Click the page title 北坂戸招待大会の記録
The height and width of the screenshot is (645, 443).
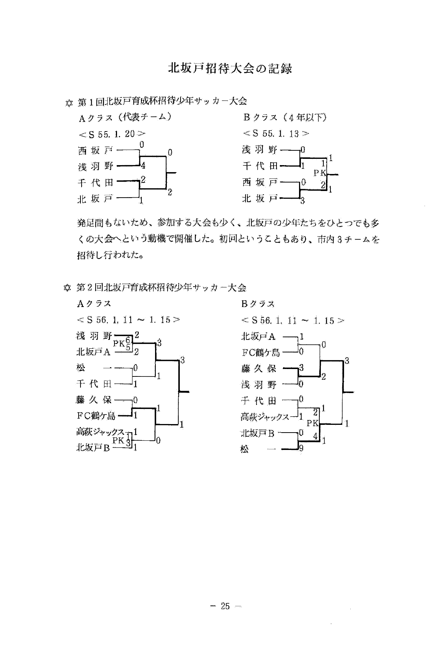[230, 69]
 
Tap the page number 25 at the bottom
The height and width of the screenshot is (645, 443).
[225, 606]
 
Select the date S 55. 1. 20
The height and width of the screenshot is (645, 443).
[110, 134]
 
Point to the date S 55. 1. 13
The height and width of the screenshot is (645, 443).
[276, 134]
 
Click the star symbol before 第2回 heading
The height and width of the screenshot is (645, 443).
[67, 287]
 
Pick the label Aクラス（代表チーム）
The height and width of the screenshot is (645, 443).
[124, 118]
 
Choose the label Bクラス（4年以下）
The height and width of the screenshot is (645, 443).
[285, 118]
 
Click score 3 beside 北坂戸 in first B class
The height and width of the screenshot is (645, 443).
[303, 201]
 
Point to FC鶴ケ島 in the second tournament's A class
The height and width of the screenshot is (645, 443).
[96, 416]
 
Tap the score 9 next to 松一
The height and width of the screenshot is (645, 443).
[302, 450]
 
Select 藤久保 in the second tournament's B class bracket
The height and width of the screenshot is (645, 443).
[259, 368]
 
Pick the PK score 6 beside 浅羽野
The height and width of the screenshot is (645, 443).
[128, 339]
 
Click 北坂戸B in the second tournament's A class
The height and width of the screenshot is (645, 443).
[93, 448]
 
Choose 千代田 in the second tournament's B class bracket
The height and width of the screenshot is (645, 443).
[259, 400]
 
